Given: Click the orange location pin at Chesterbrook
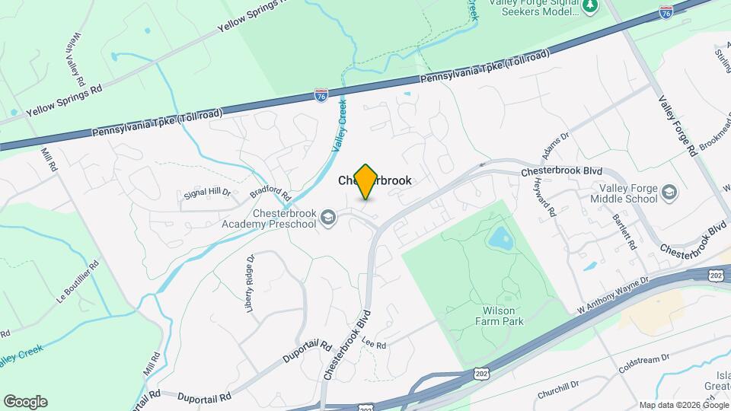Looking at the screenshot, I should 366,181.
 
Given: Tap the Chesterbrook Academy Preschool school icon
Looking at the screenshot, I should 328,218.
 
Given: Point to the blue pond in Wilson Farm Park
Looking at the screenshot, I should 500,239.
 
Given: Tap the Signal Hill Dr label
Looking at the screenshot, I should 206,193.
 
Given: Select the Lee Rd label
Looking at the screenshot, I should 374,344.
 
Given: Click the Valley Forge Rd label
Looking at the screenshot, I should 677,125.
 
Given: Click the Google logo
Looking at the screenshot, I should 25,402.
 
